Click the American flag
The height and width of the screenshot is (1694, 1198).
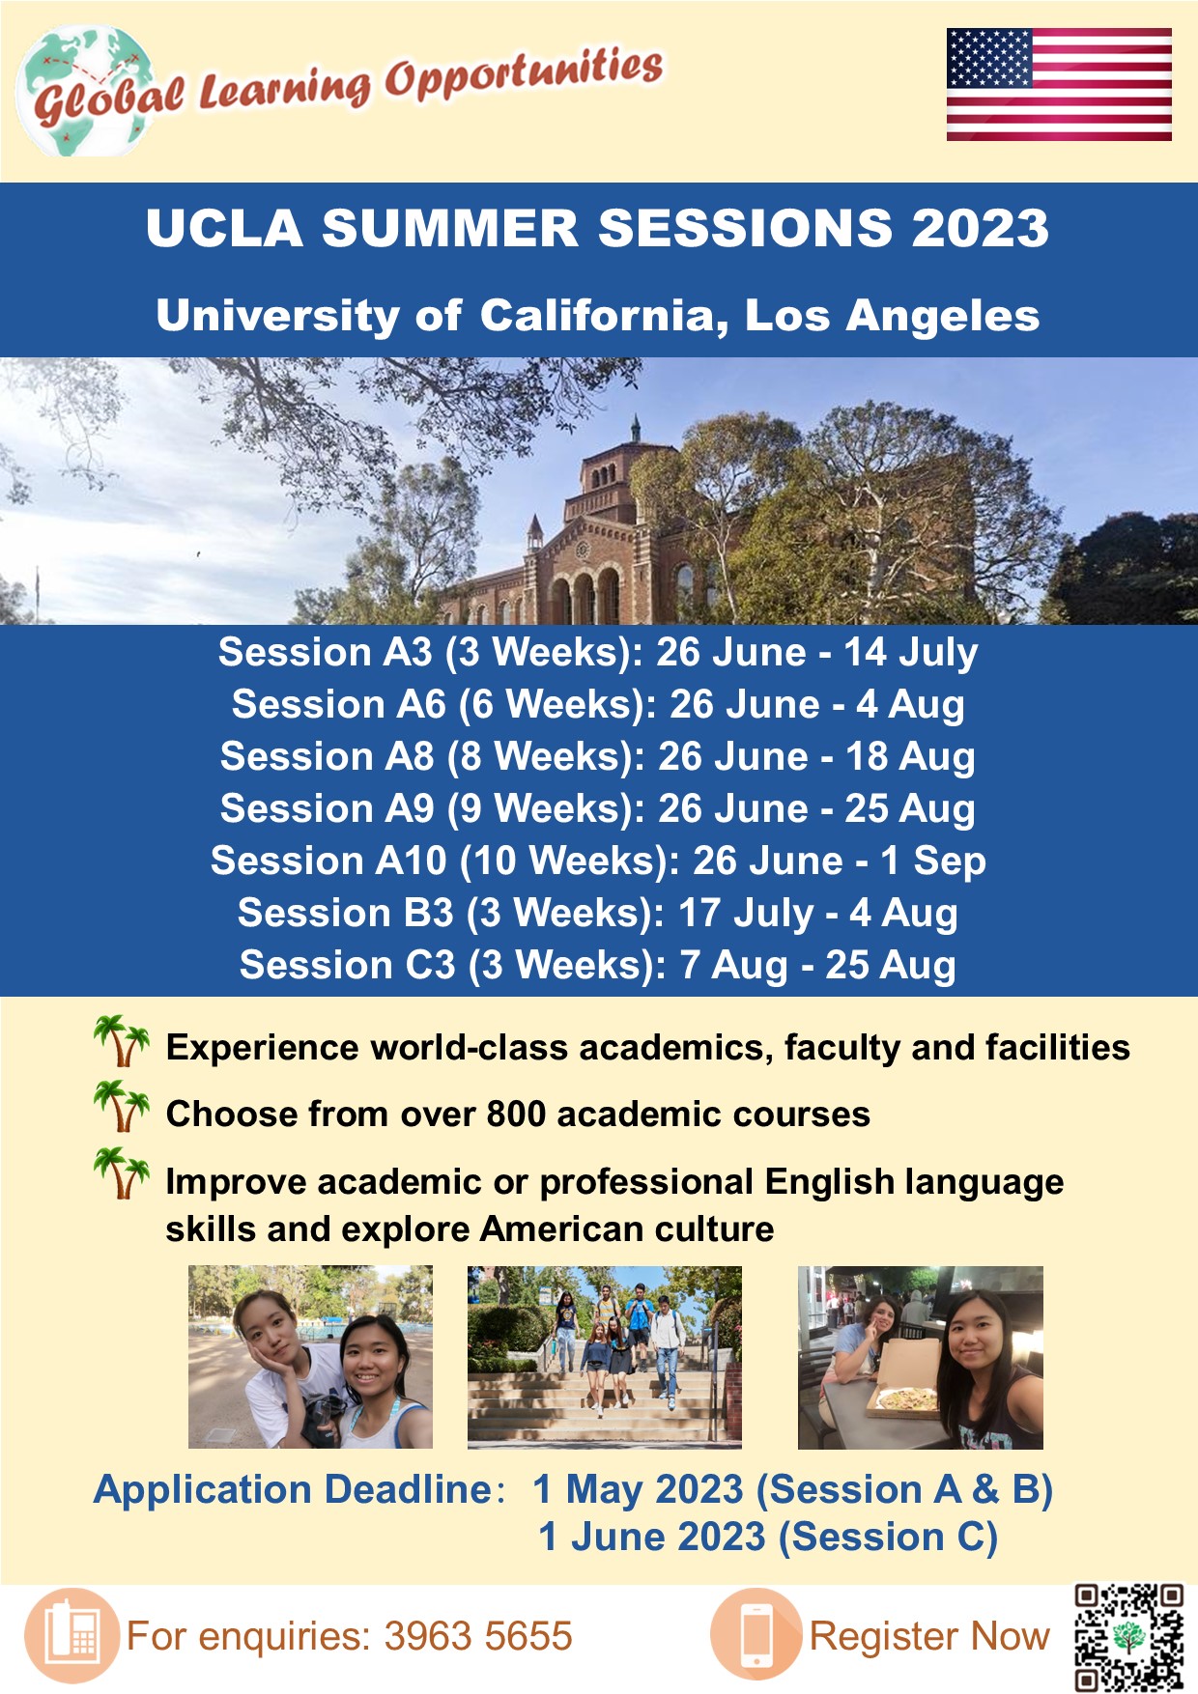1059,85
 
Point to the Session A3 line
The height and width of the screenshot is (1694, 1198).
598,653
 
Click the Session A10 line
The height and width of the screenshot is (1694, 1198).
598,861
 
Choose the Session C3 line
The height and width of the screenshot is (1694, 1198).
598,966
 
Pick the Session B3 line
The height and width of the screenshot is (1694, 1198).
598,914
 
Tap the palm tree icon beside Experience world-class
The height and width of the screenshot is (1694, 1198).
122,1041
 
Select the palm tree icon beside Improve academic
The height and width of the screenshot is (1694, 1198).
122,1173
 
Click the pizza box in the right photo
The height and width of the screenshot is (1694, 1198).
903,1394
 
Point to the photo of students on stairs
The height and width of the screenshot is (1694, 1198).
605,1357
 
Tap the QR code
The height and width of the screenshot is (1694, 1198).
1128,1637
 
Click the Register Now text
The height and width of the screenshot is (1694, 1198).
929,1637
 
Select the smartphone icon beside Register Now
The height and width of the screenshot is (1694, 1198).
756,1635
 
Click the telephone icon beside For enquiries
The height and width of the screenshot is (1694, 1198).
72,1635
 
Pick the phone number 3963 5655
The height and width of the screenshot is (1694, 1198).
478,1637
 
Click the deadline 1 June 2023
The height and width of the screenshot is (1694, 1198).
655,1538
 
